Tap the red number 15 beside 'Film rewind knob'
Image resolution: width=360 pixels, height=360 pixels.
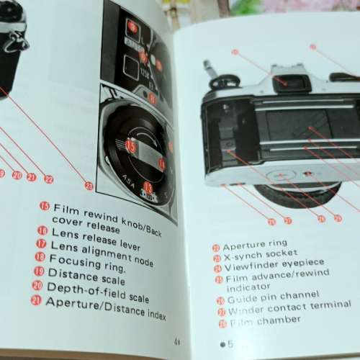click(44, 207)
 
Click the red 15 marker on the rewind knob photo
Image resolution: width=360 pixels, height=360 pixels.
click(130, 145)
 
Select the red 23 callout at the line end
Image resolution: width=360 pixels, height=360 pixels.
click(89, 186)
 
